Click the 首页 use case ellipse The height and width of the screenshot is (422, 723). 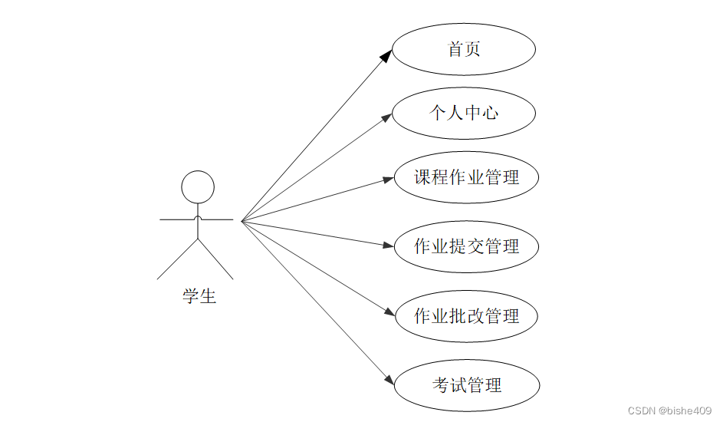(x=464, y=50)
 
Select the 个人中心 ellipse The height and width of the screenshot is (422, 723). (x=464, y=114)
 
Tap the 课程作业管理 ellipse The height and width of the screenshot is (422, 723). (x=466, y=178)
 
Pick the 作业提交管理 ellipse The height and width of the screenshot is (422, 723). (x=466, y=246)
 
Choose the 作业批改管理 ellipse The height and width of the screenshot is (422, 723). (x=466, y=315)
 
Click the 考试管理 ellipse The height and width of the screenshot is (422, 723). (x=466, y=385)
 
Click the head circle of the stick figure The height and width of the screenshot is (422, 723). (x=197, y=187)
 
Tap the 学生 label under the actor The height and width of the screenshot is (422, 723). (x=199, y=296)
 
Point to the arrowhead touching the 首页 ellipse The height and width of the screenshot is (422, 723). (x=387, y=54)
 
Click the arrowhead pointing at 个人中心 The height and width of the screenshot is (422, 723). (x=387, y=117)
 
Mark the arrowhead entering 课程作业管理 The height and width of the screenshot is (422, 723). (x=388, y=180)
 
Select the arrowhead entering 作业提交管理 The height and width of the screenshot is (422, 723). (x=388, y=246)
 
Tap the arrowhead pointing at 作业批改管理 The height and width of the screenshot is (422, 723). (x=389, y=312)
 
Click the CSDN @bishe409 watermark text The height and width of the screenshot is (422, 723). (x=669, y=411)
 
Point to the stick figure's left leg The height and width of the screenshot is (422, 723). (x=178, y=259)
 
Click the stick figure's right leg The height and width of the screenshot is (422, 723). (x=215, y=259)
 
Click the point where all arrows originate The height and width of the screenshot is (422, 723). (x=242, y=222)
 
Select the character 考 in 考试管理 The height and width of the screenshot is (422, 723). (x=441, y=385)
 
